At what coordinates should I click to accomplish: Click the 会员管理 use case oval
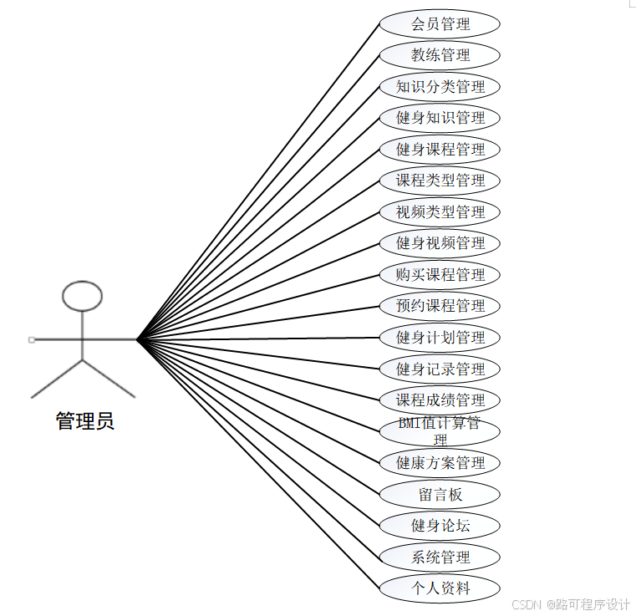tap(440, 23)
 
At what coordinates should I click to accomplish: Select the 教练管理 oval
tap(440, 55)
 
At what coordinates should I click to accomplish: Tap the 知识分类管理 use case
tap(440, 86)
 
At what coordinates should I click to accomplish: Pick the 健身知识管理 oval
tap(440, 118)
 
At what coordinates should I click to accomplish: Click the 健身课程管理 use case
tap(440, 149)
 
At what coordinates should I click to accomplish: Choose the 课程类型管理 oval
tap(440, 181)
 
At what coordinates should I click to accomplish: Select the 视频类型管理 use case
tap(440, 211)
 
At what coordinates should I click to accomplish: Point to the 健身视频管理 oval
tap(440, 243)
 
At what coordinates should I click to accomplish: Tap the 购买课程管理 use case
tap(440, 274)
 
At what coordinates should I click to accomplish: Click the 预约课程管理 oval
tap(440, 306)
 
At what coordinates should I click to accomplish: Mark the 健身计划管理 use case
tap(440, 337)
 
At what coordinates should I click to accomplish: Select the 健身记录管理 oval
tap(440, 369)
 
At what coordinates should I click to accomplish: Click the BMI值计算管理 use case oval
tap(440, 431)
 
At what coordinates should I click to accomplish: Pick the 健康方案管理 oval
tap(440, 462)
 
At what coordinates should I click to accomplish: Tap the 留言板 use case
tap(440, 494)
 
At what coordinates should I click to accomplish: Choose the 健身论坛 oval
tap(440, 525)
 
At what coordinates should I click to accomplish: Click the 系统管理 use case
tap(440, 557)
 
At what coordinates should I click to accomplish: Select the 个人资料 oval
tap(440, 588)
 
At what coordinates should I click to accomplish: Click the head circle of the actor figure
tap(83, 296)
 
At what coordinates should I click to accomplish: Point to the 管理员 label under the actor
tap(84, 420)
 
